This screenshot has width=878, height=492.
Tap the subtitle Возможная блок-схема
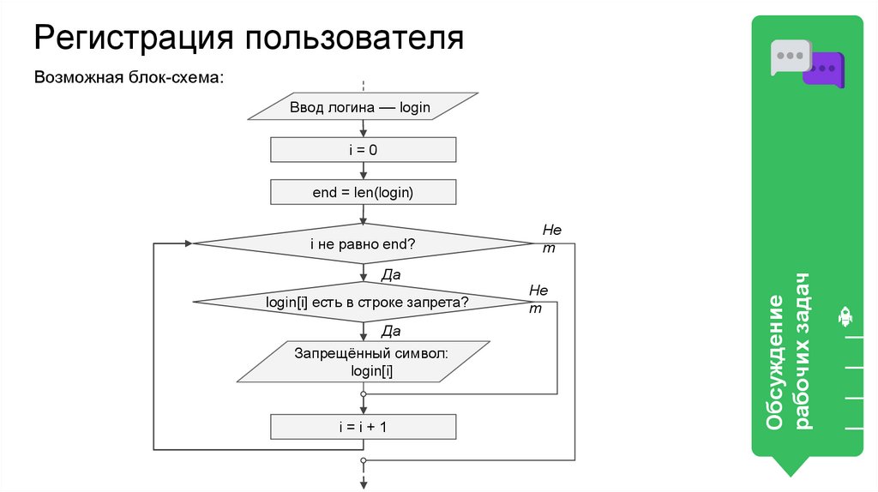click(x=129, y=77)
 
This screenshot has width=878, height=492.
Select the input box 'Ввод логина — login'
click(x=364, y=108)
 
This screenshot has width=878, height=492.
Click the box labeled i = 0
click(x=364, y=150)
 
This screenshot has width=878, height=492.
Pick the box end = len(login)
click(x=364, y=193)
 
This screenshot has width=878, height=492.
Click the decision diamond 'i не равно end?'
click(x=364, y=244)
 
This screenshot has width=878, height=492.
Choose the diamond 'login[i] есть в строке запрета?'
click(x=364, y=302)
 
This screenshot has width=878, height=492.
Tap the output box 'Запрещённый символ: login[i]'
click(x=364, y=362)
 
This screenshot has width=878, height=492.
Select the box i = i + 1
click(x=364, y=426)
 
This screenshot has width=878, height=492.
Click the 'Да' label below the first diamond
click(x=391, y=275)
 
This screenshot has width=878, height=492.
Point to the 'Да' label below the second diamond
click(x=391, y=331)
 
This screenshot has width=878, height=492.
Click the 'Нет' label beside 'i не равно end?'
click(x=551, y=238)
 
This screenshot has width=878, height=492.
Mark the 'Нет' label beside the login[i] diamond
click(x=538, y=299)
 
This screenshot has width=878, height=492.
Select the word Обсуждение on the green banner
click(x=775, y=363)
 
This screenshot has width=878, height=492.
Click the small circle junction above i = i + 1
click(x=364, y=394)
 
